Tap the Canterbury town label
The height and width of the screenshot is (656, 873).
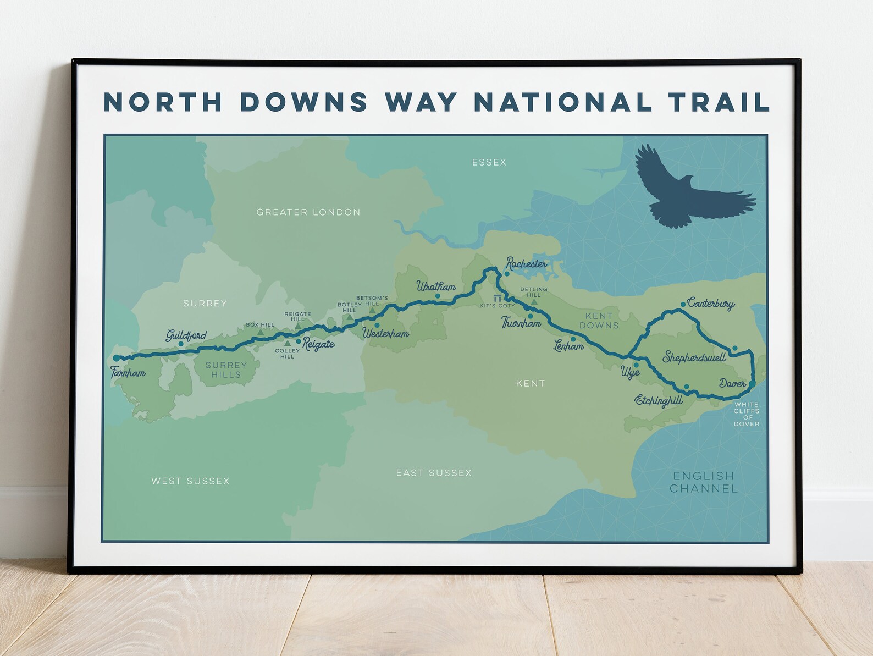coord(710,303)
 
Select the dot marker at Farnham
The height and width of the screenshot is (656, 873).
coord(117,358)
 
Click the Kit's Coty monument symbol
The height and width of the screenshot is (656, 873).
coord(498,298)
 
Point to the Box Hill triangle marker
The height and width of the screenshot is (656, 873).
coord(261,332)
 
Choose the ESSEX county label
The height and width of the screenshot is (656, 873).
coord(489,162)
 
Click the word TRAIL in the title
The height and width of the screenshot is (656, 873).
coord(719,102)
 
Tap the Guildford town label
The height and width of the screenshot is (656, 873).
coord(186,335)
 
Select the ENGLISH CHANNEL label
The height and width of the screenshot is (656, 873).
coord(703,482)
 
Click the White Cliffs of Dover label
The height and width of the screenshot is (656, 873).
coord(747,414)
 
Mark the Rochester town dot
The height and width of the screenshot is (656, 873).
coord(507,273)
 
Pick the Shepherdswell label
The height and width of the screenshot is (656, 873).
coord(694,357)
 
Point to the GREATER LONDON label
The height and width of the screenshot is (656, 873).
coord(308,212)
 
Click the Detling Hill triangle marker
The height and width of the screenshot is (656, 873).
coord(534,302)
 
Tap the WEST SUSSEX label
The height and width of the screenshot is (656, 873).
coord(190,481)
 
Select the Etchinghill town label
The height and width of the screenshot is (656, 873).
coord(659,400)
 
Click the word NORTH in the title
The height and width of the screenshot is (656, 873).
coord(163,102)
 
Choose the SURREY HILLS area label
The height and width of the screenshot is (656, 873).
coord(226,370)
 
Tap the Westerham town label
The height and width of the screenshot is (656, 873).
coord(385,333)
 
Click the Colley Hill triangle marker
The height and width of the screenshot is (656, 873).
coord(287,343)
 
